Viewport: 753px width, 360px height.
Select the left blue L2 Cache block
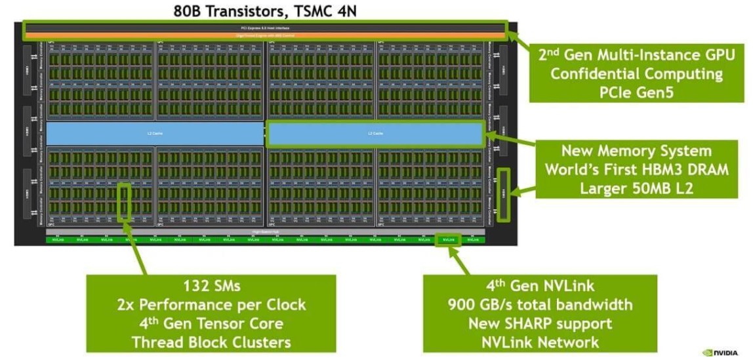tap(155, 133)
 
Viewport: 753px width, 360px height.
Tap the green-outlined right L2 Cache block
tap(376, 133)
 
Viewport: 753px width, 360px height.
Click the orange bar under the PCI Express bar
tap(265, 34)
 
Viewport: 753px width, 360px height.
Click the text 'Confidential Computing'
tap(637, 73)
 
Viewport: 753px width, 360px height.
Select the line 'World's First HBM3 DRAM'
tap(637, 169)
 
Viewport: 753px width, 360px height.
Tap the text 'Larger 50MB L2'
tap(637, 188)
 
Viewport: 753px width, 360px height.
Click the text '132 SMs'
tap(211, 286)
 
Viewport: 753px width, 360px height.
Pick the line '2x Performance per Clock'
tap(211, 304)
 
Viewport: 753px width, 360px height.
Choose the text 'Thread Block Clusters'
tap(211, 342)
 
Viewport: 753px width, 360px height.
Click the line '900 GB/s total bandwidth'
tap(540, 304)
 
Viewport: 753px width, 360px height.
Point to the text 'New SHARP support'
tap(540, 323)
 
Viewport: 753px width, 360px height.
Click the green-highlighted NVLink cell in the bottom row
tap(449, 240)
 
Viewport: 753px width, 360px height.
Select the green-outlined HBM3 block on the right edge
tap(504, 194)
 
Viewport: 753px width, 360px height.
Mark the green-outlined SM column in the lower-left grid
tap(123, 201)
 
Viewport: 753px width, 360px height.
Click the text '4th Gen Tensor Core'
tap(211, 323)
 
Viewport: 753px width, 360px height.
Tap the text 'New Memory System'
tap(637, 151)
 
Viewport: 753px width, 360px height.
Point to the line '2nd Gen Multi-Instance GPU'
tap(637, 54)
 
